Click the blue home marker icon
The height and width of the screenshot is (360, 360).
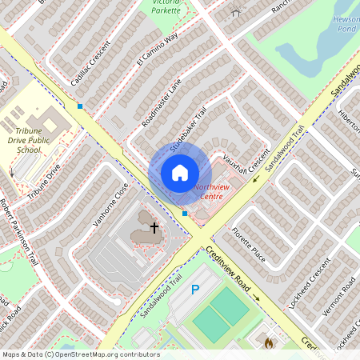[x=180, y=173]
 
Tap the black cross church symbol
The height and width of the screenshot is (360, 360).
[x=154, y=229]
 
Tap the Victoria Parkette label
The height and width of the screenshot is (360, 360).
[x=165, y=6]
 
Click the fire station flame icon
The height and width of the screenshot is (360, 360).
[x=269, y=342]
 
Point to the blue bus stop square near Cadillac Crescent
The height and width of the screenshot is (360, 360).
[x=80, y=106]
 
